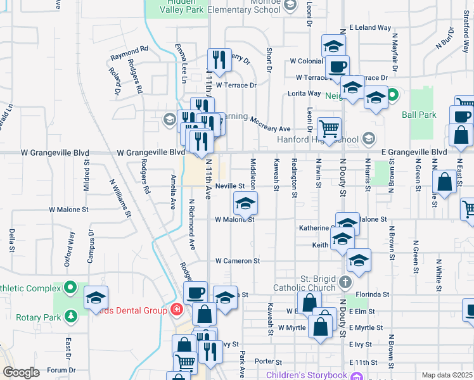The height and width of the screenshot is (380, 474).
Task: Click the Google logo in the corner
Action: pos(22,372)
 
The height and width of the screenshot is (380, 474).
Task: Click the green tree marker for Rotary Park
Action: pos(71,315)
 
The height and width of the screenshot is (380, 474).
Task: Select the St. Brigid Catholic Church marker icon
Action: pos(345,282)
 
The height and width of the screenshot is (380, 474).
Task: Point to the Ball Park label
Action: pos(419,115)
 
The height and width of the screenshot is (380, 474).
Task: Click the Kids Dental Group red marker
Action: pos(176,310)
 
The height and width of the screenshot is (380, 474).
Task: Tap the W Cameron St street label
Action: pos(238,260)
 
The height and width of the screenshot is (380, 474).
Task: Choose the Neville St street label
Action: pos(229,186)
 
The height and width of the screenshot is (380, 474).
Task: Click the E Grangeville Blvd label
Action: pos(421,153)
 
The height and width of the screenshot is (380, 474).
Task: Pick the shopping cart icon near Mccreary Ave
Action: pos(329,129)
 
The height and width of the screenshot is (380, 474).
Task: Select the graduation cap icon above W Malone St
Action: pos(245,203)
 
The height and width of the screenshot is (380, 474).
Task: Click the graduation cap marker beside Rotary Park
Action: pos(96,297)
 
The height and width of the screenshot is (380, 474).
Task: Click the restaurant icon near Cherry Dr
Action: pos(219,60)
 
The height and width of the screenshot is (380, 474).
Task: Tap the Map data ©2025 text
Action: pos(447,375)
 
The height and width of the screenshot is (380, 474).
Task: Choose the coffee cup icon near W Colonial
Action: pos(337,66)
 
